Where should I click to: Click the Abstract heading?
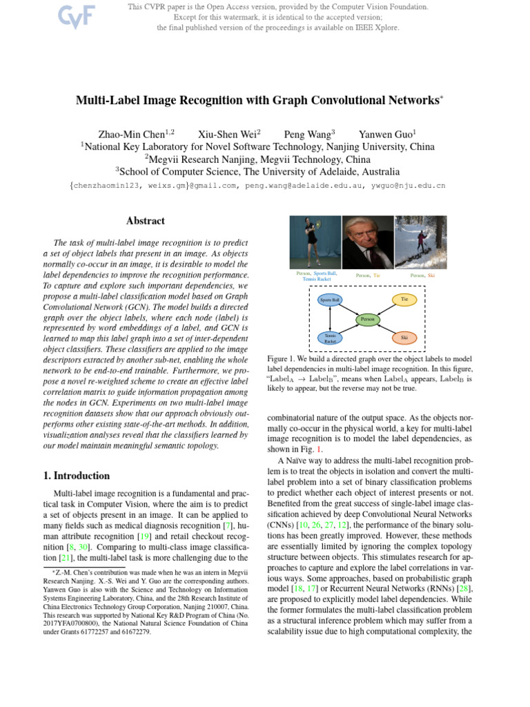(146, 221)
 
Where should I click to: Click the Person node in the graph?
(367, 319)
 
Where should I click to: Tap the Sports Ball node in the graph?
(330, 300)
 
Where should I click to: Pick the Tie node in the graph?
(405, 299)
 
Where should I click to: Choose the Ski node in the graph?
(405, 338)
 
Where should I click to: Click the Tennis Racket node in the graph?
(330, 338)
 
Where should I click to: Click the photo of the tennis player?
(315, 241)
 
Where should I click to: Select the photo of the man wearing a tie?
(367, 241)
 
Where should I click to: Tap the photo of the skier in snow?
(420, 241)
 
